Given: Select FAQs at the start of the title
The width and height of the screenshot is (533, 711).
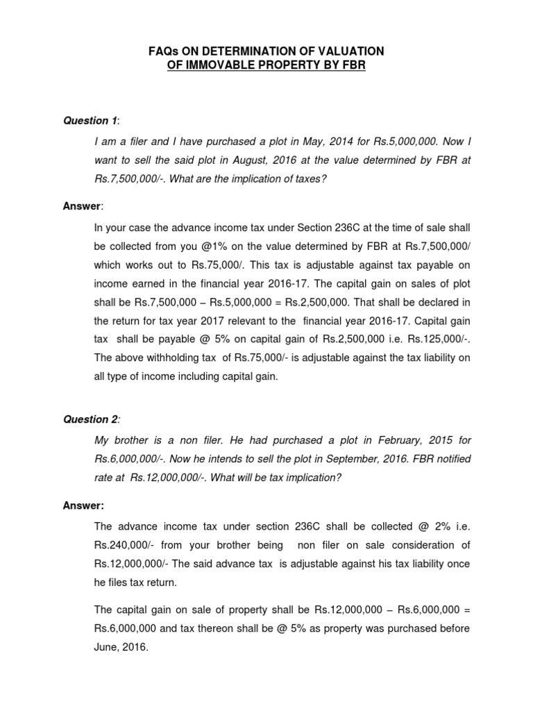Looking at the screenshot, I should pyautogui.click(x=167, y=52).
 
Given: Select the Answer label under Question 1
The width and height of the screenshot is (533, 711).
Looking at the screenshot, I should pyautogui.click(x=82, y=206).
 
